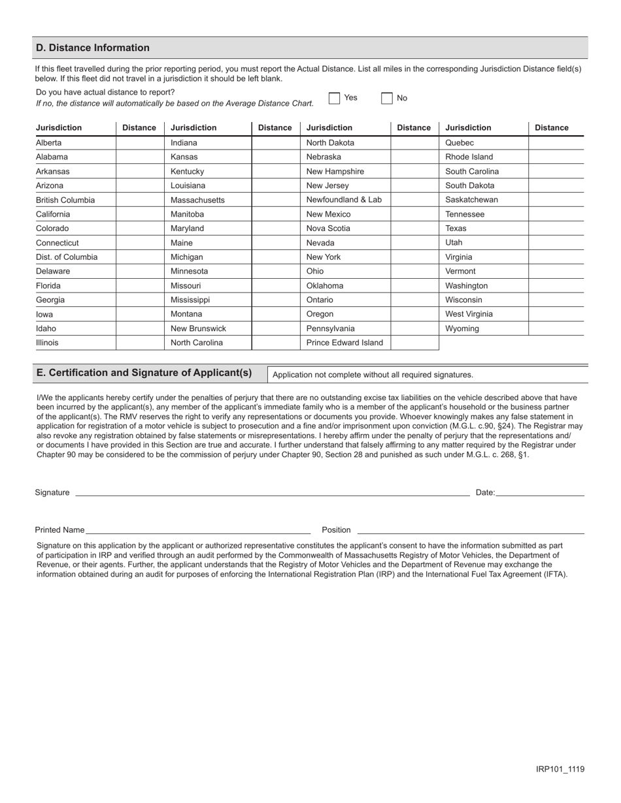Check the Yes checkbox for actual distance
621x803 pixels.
click(x=335, y=98)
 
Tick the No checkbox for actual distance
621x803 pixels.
click(x=387, y=98)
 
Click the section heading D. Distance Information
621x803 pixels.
click(x=93, y=48)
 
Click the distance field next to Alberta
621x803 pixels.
click(x=140, y=143)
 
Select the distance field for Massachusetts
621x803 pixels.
click(x=275, y=200)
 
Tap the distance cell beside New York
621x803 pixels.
click(x=414, y=257)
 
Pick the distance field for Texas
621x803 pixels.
click(x=556, y=228)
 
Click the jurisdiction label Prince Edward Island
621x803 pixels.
click(x=344, y=343)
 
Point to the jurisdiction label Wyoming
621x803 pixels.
click(x=462, y=328)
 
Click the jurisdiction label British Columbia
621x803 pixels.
click(x=65, y=200)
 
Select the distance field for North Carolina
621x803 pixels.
click(x=275, y=343)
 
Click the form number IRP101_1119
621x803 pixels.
click(x=560, y=769)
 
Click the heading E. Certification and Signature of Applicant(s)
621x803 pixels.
click(x=144, y=373)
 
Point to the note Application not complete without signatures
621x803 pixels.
click(x=373, y=375)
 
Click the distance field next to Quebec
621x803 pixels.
click(x=556, y=143)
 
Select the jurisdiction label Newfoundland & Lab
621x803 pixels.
click(x=344, y=200)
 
